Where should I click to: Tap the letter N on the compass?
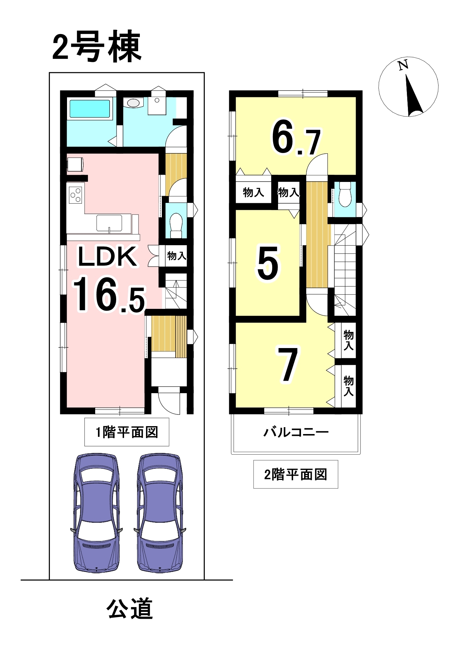click(x=403, y=65)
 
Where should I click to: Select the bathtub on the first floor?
click(x=90, y=109)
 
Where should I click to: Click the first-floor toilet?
click(x=176, y=225)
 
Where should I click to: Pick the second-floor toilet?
click(x=345, y=194)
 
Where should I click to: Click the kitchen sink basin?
click(x=109, y=223)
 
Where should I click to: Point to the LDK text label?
click(x=107, y=256)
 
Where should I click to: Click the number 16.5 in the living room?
click(x=109, y=295)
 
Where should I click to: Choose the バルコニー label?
click(x=296, y=432)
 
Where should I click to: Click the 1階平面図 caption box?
click(x=127, y=432)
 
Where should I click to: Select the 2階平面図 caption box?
click(x=296, y=474)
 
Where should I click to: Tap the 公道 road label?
click(x=130, y=609)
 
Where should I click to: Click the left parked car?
click(x=97, y=513)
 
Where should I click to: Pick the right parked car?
click(x=160, y=513)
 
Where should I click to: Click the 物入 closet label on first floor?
click(x=177, y=256)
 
